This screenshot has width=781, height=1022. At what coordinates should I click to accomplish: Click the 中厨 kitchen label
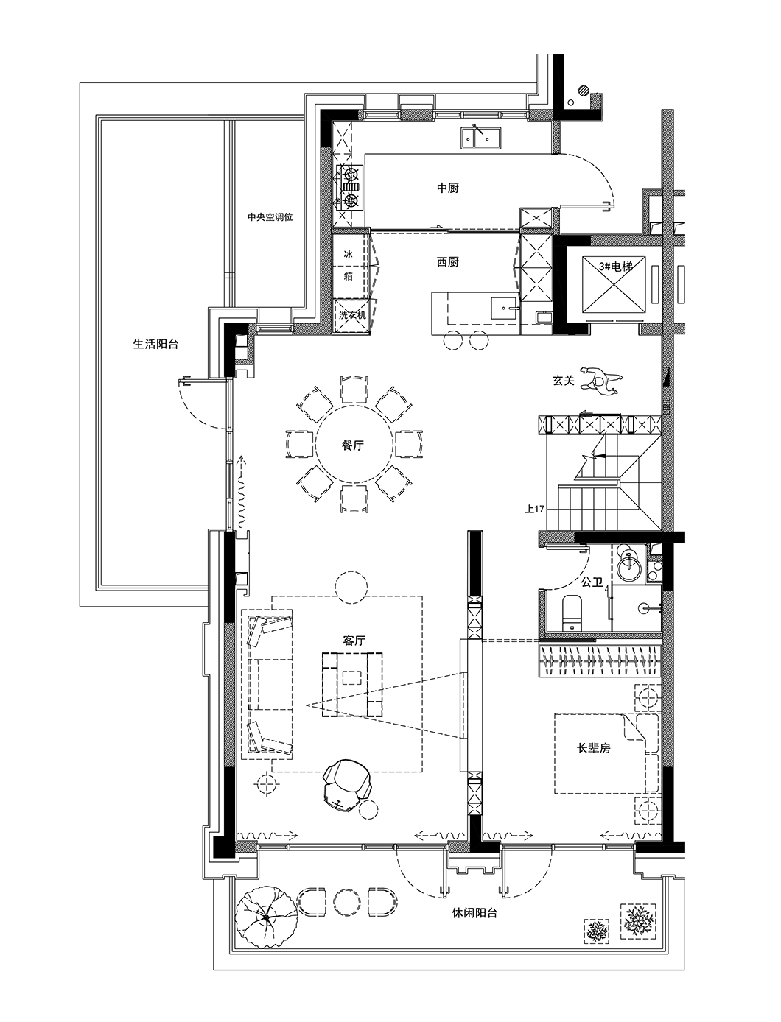click(x=447, y=188)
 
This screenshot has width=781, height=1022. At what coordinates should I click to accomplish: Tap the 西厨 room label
click(x=447, y=262)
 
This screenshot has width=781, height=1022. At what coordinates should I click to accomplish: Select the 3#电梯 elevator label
click(x=616, y=267)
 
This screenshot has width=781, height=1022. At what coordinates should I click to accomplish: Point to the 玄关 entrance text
click(x=564, y=381)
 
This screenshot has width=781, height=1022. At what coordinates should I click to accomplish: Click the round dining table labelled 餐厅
click(x=354, y=445)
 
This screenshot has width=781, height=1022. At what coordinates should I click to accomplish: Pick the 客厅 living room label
click(x=354, y=641)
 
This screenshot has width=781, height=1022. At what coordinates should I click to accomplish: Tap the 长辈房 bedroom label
click(x=593, y=748)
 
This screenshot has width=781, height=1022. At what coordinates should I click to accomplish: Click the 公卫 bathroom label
click(x=592, y=582)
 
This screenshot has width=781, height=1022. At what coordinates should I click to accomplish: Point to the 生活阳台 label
click(x=156, y=344)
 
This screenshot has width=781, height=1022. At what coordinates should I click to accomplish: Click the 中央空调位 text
click(x=270, y=217)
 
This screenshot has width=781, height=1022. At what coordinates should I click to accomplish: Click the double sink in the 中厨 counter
click(x=480, y=138)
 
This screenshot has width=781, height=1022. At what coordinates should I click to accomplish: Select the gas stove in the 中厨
click(x=349, y=187)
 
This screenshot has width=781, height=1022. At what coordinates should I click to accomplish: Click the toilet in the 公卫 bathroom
click(x=572, y=613)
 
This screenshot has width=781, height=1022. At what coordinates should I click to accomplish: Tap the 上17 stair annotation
click(x=535, y=509)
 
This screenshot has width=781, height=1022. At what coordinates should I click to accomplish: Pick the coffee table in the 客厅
click(x=352, y=685)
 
